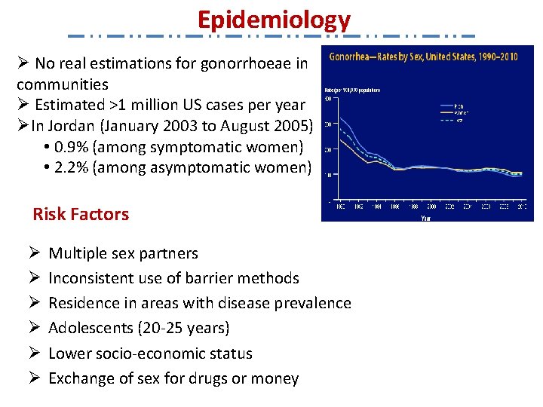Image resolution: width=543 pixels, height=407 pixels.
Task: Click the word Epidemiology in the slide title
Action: [x=274, y=20]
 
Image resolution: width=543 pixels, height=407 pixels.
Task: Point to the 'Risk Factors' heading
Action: [x=81, y=214]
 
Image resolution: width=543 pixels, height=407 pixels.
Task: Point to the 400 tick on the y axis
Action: [x=328, y=99]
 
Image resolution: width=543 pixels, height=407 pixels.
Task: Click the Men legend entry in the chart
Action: [x=458, y=106]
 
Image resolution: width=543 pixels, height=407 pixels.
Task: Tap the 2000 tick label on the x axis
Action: [x=431, y=206]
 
